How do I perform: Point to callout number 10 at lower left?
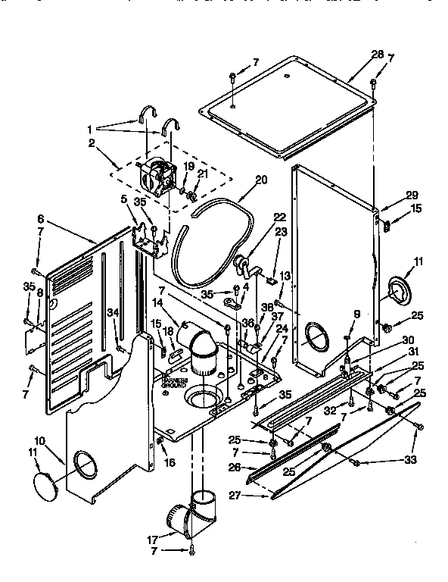[39, 440]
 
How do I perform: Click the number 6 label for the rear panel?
[39, 218]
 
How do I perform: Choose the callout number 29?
[390, 195]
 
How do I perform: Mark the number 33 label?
[411, 459]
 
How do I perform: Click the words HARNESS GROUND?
[173, 381]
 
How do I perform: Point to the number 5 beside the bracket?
[123, 200]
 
